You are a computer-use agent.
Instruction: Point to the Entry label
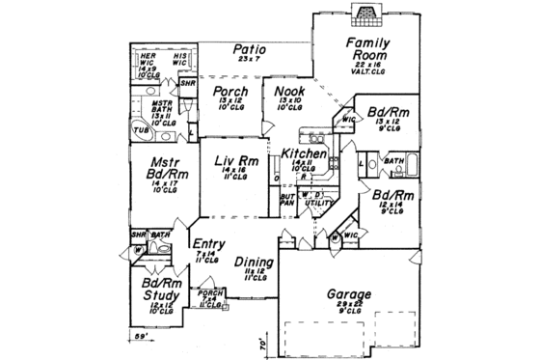click(x=209, y=245)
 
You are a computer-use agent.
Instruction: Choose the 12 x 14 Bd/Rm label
click(x=391, y=197)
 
